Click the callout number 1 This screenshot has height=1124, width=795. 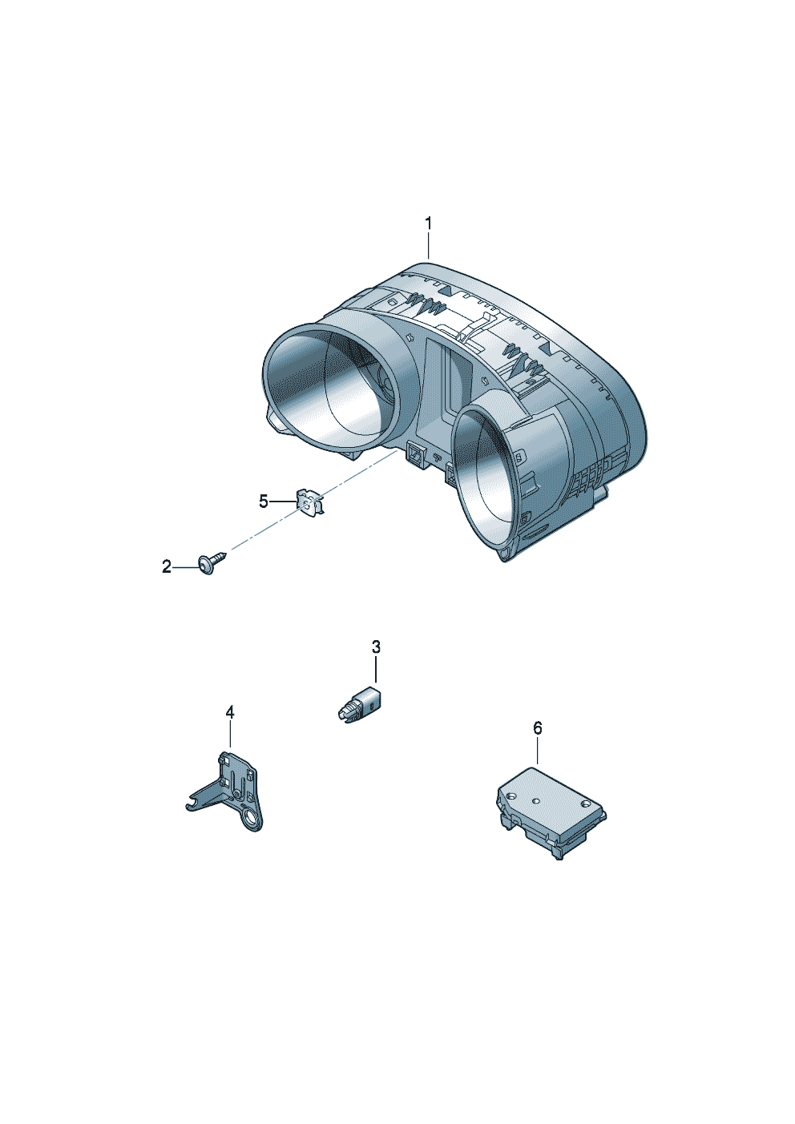[428, 224]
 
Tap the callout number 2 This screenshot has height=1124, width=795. [167, 567]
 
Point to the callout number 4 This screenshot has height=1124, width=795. [230, 712]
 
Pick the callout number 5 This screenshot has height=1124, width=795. [264, 502]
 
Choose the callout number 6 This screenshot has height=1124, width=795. [538, 727]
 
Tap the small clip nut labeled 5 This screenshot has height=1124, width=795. [309, 502]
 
